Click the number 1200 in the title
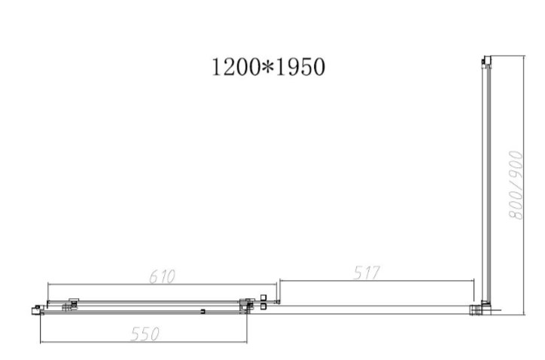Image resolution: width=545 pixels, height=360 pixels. coord(236,67)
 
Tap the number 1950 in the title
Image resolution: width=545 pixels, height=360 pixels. coord(300,67)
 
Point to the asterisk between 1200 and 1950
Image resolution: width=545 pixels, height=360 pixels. coord(268,66)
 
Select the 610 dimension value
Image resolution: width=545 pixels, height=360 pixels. coord(163,276)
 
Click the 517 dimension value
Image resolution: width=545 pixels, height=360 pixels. coord(367,273)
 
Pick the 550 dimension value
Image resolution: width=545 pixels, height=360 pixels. coord(145,334)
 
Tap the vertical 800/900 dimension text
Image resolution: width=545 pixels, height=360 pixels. coord(516,185)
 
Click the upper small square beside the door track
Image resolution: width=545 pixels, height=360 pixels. coord(263,298)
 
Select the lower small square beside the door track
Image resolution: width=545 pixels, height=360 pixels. coord(263,307)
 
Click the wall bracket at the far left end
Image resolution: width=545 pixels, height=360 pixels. coord(36,310)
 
